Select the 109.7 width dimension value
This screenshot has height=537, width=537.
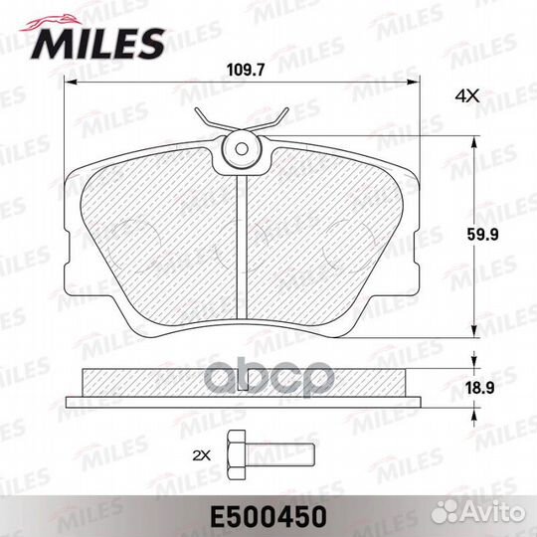[243, 70]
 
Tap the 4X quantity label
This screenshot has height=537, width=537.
[466, 95]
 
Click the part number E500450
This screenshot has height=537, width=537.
[268, 515]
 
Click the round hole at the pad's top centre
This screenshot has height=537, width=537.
[242, 150]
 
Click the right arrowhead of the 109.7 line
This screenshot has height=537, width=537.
[416, 84]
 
